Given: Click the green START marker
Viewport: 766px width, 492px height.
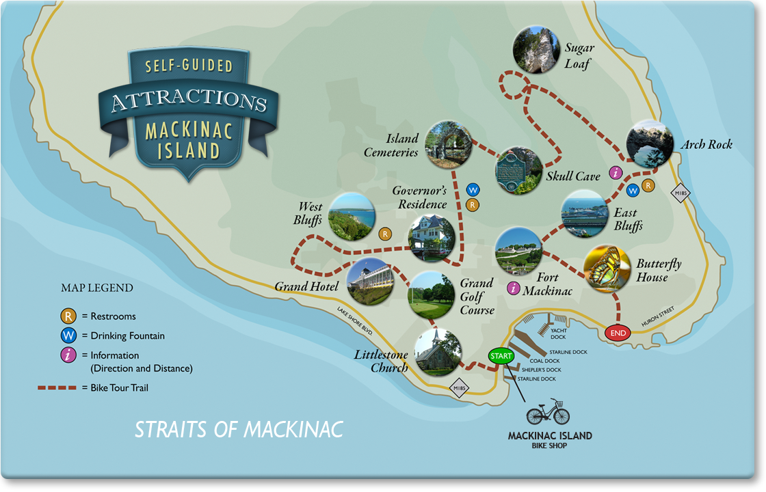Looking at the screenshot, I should coord(501,356).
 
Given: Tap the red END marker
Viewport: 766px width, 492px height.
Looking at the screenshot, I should coord(618,333).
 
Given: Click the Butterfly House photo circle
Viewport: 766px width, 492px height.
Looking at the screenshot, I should coord(607,269).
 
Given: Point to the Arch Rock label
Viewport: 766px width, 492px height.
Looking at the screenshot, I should coord(706,144).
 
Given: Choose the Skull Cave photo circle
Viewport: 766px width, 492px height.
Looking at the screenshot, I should coord(519,171).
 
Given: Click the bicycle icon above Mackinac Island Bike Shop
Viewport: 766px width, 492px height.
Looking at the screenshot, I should coord(548,413).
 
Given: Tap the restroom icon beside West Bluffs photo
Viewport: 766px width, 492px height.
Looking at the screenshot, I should coord(386,234).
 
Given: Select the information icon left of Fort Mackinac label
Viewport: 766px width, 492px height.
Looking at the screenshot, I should coord(513,288).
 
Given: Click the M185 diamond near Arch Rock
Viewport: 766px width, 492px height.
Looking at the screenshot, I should coord(681,193).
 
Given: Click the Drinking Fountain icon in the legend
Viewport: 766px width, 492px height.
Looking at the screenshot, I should coord(68,336).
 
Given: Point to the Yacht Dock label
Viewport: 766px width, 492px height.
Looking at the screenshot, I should coord(559,333).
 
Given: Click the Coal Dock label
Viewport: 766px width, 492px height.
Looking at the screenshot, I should coord(544,361).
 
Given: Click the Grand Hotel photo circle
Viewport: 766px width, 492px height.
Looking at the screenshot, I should coord(369,281).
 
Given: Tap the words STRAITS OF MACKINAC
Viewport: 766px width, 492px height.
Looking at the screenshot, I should coord(239,430).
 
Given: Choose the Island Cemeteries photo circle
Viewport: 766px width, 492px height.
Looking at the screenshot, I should coord(449,144).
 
